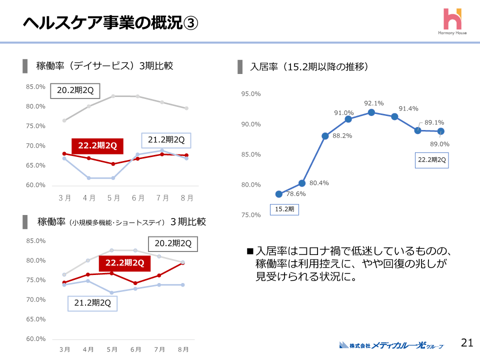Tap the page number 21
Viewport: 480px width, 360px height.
coord(467,342)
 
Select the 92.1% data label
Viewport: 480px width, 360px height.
coord(374,103)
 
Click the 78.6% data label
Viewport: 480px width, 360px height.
coord(296,194)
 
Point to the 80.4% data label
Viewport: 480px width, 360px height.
coord(319,183)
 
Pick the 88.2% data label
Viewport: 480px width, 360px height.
coord(342,135)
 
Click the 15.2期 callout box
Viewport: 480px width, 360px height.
coord(284,209)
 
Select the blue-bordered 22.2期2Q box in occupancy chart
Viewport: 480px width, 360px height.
coord(432,159)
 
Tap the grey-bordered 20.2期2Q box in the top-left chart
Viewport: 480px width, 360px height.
coord(75,90)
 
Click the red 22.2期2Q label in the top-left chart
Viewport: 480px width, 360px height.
coord(97,145)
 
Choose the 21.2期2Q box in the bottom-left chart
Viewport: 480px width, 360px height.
coord(92,303)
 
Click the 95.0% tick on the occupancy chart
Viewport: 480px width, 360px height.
coord(251,94)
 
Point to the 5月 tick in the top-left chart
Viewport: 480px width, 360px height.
coord(113,198)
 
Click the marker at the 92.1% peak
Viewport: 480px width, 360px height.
coord(371,112)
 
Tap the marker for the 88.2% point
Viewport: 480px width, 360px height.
coord(325,136)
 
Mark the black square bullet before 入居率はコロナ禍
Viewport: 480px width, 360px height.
coord(250,250)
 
